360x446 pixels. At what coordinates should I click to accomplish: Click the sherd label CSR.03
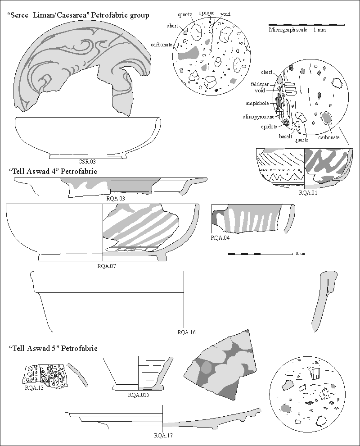(87, 162)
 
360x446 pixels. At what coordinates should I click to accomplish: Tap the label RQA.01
(308, 192)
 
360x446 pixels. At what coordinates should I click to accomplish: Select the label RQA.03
(116, 198)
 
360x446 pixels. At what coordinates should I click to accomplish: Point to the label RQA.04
(220, 237)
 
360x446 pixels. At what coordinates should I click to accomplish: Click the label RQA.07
(107, 266)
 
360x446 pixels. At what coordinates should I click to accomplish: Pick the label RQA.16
(187, 332)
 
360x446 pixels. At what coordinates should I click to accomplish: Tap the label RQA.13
(34, 387)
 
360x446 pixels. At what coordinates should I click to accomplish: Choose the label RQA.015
(138, 395)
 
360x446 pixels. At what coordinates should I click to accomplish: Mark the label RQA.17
(163, 435)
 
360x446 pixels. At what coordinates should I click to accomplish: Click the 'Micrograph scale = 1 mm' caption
(297, 30)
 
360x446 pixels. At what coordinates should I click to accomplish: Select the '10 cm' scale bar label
(300, 254)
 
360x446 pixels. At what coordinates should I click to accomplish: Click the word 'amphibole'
(257, 103)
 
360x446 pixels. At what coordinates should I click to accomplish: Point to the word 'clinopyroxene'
(259, 117)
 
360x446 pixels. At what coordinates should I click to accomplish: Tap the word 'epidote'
(269, 127)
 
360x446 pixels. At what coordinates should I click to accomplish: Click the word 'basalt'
(286, 136)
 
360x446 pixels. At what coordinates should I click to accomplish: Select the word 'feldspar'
(260, 84)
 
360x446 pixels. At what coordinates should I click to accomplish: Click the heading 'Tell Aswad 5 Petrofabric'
(53, 348)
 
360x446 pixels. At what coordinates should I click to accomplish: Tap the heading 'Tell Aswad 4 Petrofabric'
(53, 171)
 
